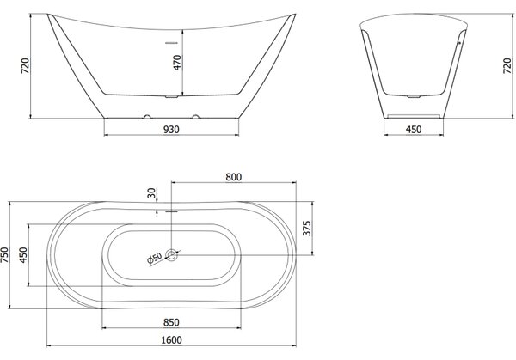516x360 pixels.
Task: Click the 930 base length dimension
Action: (171, 130)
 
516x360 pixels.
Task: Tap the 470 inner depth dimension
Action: (177, 63)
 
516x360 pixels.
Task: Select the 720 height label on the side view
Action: (25, 66)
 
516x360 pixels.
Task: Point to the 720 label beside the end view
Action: (507, 66)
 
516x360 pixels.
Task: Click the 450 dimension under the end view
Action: (414, 130)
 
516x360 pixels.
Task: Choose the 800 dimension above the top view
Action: (234, 177)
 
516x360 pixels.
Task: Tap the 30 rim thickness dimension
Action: (151, 193)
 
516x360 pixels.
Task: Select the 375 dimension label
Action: (306, 229)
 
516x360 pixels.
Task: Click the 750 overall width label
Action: (6, 255)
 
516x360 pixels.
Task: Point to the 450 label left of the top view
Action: (23, 255)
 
